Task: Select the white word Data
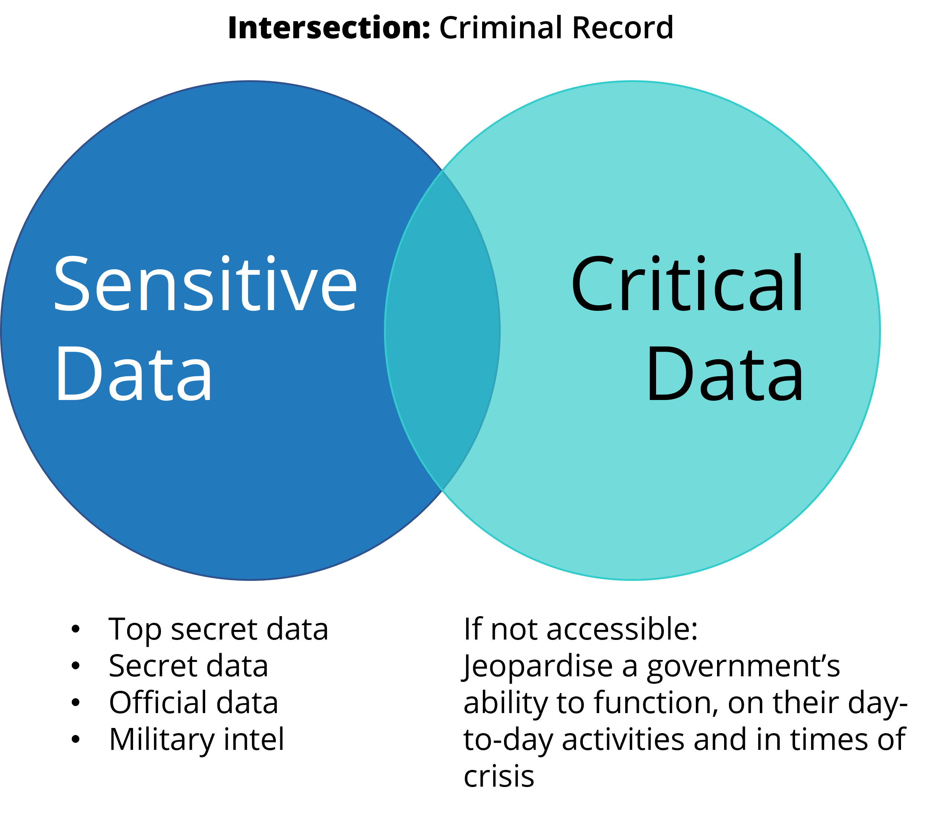[x=134, y=374]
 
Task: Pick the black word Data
[x=724, y=374]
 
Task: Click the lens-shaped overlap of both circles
[x=442, y=330]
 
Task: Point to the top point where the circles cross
[x=442, y=171]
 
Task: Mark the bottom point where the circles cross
[x=442, y=490]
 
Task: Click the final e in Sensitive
[x=339, y=290]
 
